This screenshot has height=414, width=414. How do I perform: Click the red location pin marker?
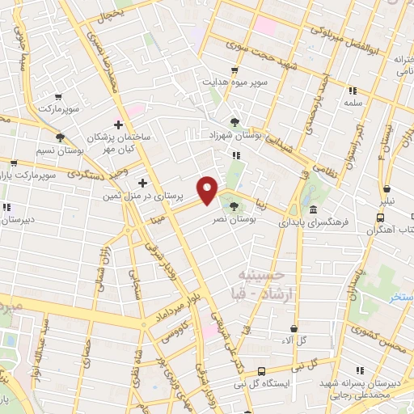coord(209,189)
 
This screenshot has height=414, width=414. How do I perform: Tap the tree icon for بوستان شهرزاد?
coord(234,123)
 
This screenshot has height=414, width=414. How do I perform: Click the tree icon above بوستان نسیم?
coord(60,137)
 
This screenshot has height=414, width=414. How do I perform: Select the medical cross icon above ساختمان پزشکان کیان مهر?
coord(119,125)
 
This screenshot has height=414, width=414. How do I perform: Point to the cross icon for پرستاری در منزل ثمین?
coord(143,182)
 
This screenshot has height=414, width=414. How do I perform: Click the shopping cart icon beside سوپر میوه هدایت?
coord(234,70)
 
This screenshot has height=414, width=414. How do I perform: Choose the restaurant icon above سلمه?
coord(353,91)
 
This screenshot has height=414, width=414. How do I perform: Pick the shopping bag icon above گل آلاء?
coord(294,328)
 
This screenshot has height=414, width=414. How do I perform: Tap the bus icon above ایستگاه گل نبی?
coord(260,370)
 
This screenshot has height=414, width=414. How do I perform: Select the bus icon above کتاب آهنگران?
coord(381,218)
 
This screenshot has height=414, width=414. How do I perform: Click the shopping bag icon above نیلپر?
coord(387,188)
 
